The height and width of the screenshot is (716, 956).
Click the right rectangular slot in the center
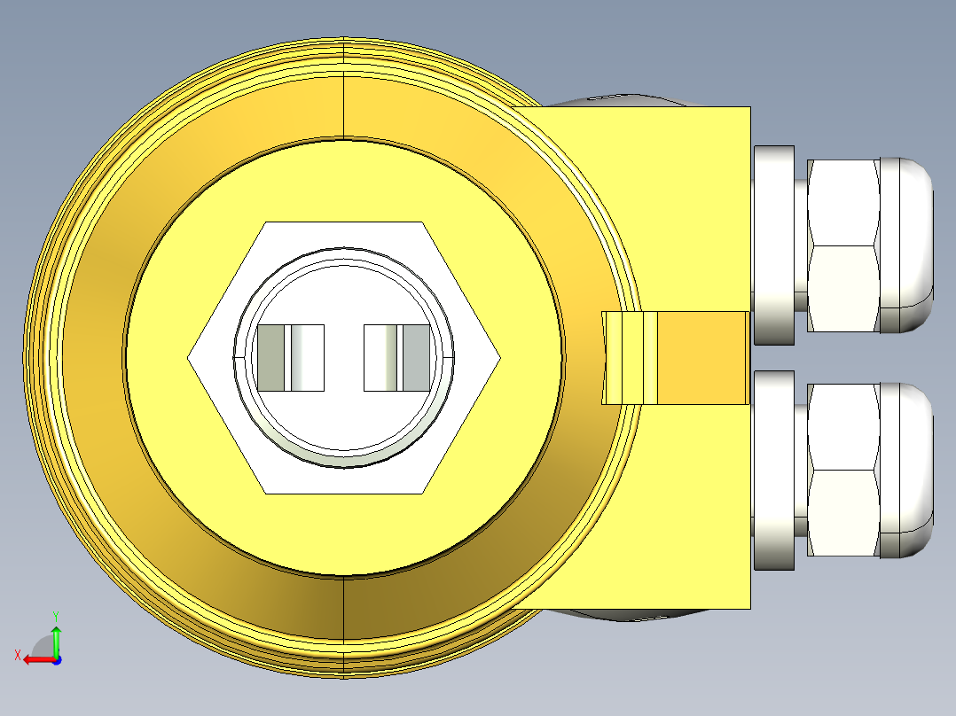[x=397, y=358]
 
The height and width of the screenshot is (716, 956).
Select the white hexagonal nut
[x=222, y=358]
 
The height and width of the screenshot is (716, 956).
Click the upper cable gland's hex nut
[x=842, y=246]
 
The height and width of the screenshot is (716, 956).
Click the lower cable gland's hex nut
[x=842, y=470]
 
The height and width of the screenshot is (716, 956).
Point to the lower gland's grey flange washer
[x=773, y=470]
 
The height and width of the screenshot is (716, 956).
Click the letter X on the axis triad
[x=17, y=655]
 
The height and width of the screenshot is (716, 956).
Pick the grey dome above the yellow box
[x=621, y=99]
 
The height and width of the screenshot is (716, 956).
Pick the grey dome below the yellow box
[x=621, y=615]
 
